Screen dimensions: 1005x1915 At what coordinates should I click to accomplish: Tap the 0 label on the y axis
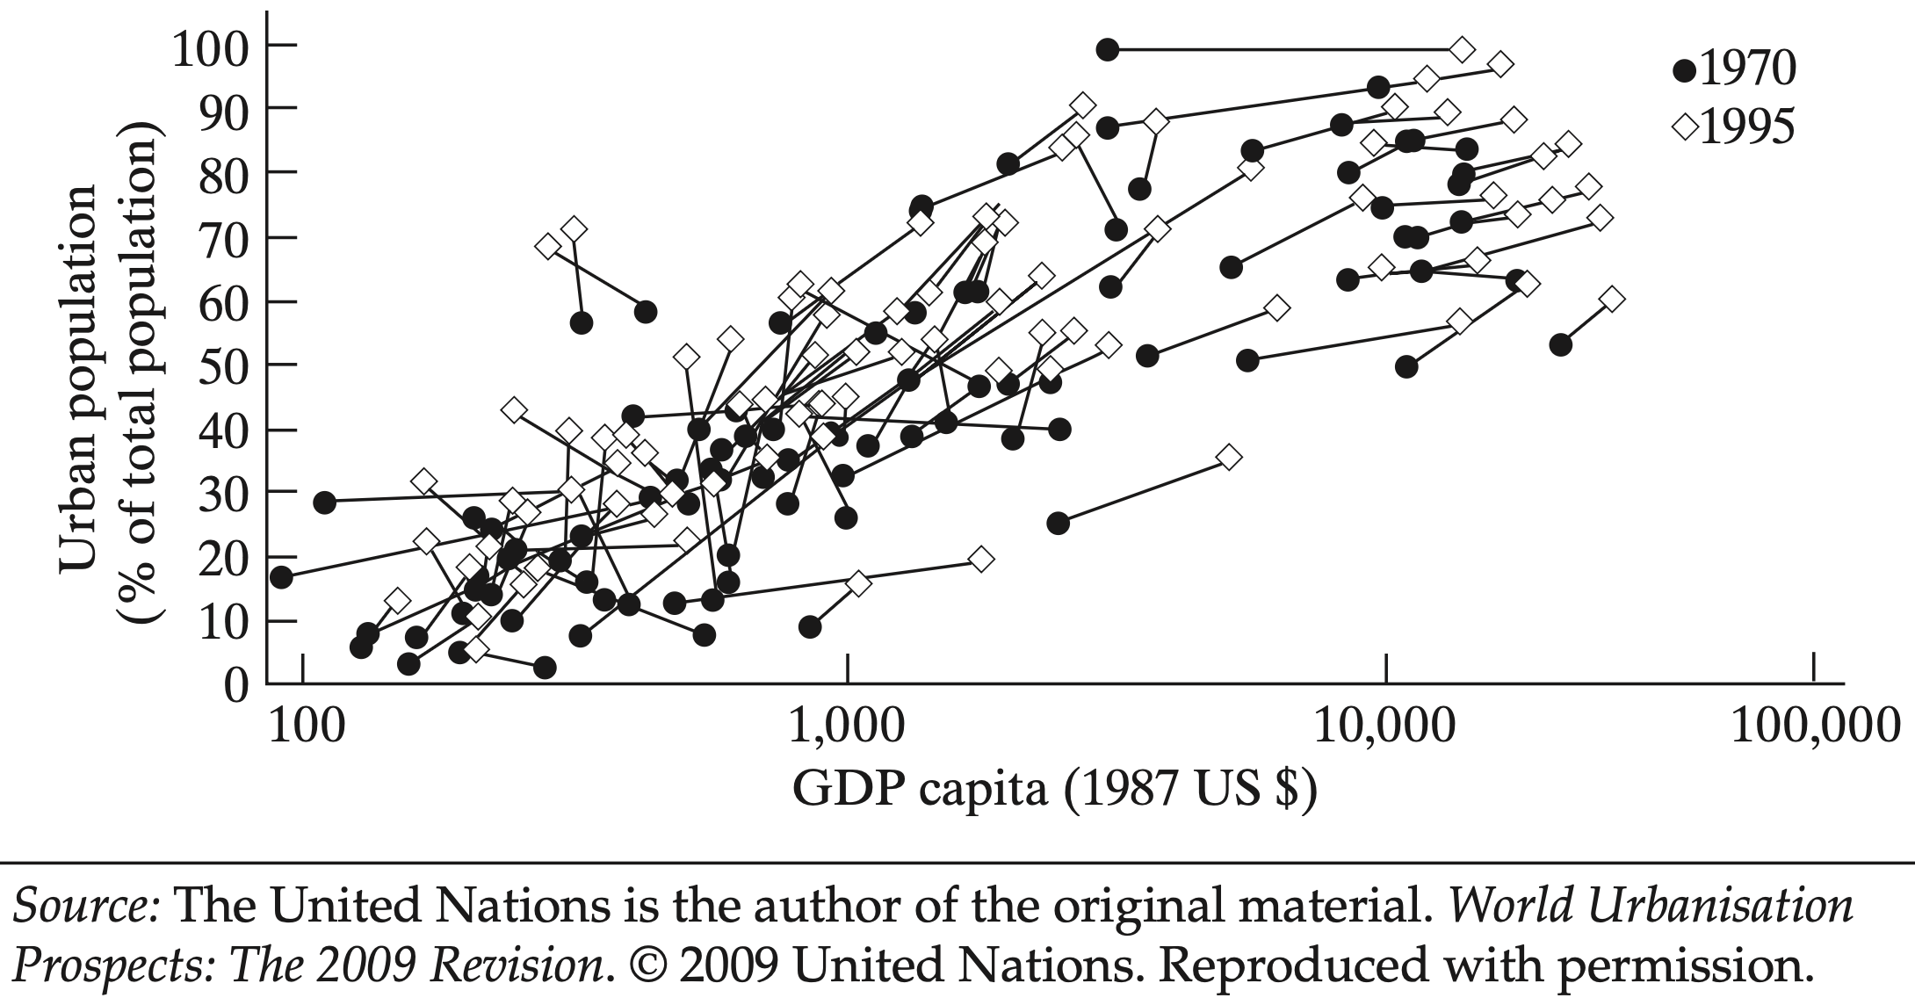click(236, 685)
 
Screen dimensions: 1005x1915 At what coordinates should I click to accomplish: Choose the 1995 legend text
click(1749, 128)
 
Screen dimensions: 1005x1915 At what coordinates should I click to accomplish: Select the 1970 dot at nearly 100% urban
click(1108, 49)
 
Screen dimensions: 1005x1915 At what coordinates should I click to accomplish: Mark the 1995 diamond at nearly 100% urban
click(1462, 49)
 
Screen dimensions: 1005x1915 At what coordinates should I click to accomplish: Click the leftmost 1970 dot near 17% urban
click(281, 577)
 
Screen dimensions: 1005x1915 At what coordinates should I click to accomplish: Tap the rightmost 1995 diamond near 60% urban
click(1611, 300)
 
